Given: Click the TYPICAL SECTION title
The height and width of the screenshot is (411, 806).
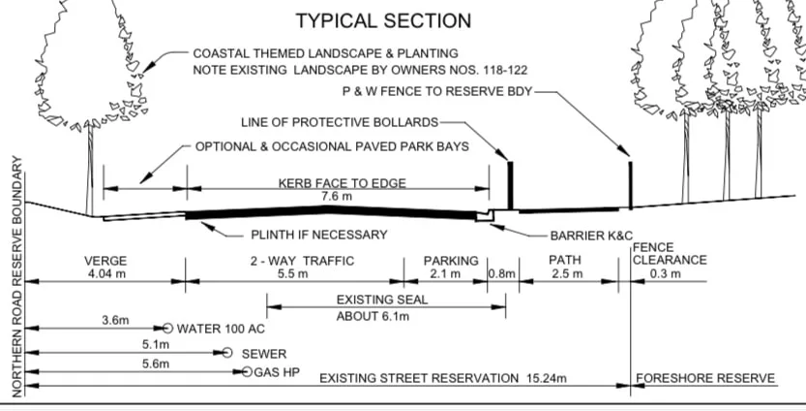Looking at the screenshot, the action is coord(383,20).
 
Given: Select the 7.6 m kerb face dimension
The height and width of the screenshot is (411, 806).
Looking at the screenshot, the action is coord(337,197).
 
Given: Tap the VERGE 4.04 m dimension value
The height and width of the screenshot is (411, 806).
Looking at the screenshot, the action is coord(105,273).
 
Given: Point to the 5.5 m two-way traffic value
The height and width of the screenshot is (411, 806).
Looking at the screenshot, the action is coord(293,273).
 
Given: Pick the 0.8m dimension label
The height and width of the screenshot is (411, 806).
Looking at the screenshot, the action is coord(501,273).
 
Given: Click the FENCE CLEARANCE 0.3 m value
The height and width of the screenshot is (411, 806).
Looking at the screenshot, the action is coord(665,273).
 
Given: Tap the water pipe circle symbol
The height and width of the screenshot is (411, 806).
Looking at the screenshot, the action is coord(167,328).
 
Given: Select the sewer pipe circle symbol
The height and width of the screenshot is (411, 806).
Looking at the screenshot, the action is coord(227,352).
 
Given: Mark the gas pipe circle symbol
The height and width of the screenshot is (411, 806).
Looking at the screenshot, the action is coord(247,372).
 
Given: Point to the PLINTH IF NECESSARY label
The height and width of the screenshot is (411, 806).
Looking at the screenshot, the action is coord(319,235).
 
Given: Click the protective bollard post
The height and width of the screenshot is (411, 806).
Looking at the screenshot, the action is coord(511,185).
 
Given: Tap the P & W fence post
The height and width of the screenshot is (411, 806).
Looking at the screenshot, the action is coord(630,185).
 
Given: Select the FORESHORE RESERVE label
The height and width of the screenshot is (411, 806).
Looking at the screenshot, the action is coord(705,379).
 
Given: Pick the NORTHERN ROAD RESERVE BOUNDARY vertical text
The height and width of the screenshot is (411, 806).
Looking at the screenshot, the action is coord(16,276).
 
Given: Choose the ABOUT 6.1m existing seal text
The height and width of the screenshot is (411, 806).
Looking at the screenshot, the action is coord(373,316).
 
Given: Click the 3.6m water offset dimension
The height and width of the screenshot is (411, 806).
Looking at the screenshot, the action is coord(115,320).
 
